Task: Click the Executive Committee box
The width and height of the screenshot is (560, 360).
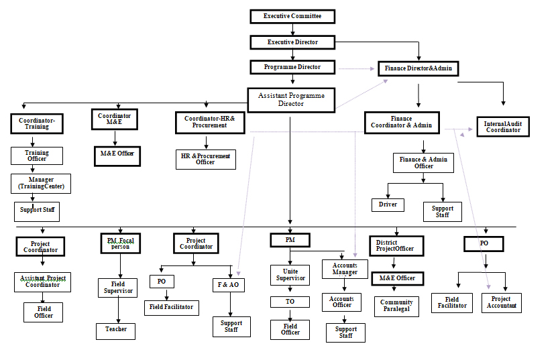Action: (x=292, y=16)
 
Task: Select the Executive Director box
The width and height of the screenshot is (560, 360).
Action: (x=292, y=42)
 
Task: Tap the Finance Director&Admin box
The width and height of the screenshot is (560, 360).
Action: (x=418, y=68)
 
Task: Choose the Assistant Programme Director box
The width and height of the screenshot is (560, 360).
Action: (x=290, y=100)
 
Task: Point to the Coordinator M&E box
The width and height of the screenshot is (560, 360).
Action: (x=114, y=119)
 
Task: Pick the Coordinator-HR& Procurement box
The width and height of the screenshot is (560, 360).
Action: (x=205, y=121)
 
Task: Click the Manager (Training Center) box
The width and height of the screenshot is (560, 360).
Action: (x=41, y=182)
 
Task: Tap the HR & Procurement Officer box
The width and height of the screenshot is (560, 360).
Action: (x=205, y=159)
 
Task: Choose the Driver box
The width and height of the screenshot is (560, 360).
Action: (x=388, y=204)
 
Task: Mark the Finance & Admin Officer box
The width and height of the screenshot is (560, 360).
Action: (x=423, y=163)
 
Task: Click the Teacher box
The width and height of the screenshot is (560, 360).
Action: (x=115, y=330)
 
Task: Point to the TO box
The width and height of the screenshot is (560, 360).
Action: (x=290, y=302)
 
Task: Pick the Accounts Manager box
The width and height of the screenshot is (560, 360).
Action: (x=345, y=269)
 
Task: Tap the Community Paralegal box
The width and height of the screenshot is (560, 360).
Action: (x=396, y=306)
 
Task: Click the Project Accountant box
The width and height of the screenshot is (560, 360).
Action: (x=501, y=302)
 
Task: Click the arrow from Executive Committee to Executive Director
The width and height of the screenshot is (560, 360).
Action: (x=292, y=29)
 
